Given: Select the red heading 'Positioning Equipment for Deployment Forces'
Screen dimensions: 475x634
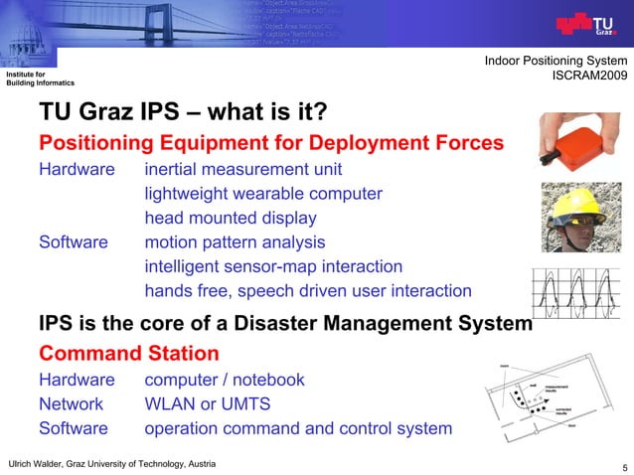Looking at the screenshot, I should [x=270, y=143].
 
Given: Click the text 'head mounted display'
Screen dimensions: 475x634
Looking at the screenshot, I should [x=231, y=218].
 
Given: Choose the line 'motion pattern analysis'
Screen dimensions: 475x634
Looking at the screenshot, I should [x=235, y=241].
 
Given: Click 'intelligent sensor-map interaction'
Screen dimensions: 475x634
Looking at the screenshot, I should [x=273, y=266].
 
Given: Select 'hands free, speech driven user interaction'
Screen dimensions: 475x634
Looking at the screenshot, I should [x=308, y=291].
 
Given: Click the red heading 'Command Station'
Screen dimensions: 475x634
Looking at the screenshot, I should [x=128, y=353].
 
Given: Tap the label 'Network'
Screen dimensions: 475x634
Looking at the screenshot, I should [x=71, y=404].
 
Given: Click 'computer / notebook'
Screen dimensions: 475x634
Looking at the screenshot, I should [x=225, y=380].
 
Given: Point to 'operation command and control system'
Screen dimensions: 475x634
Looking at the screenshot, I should [x=298, y=428].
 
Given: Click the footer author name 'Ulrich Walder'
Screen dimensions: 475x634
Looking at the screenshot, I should [x=40, y=464].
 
